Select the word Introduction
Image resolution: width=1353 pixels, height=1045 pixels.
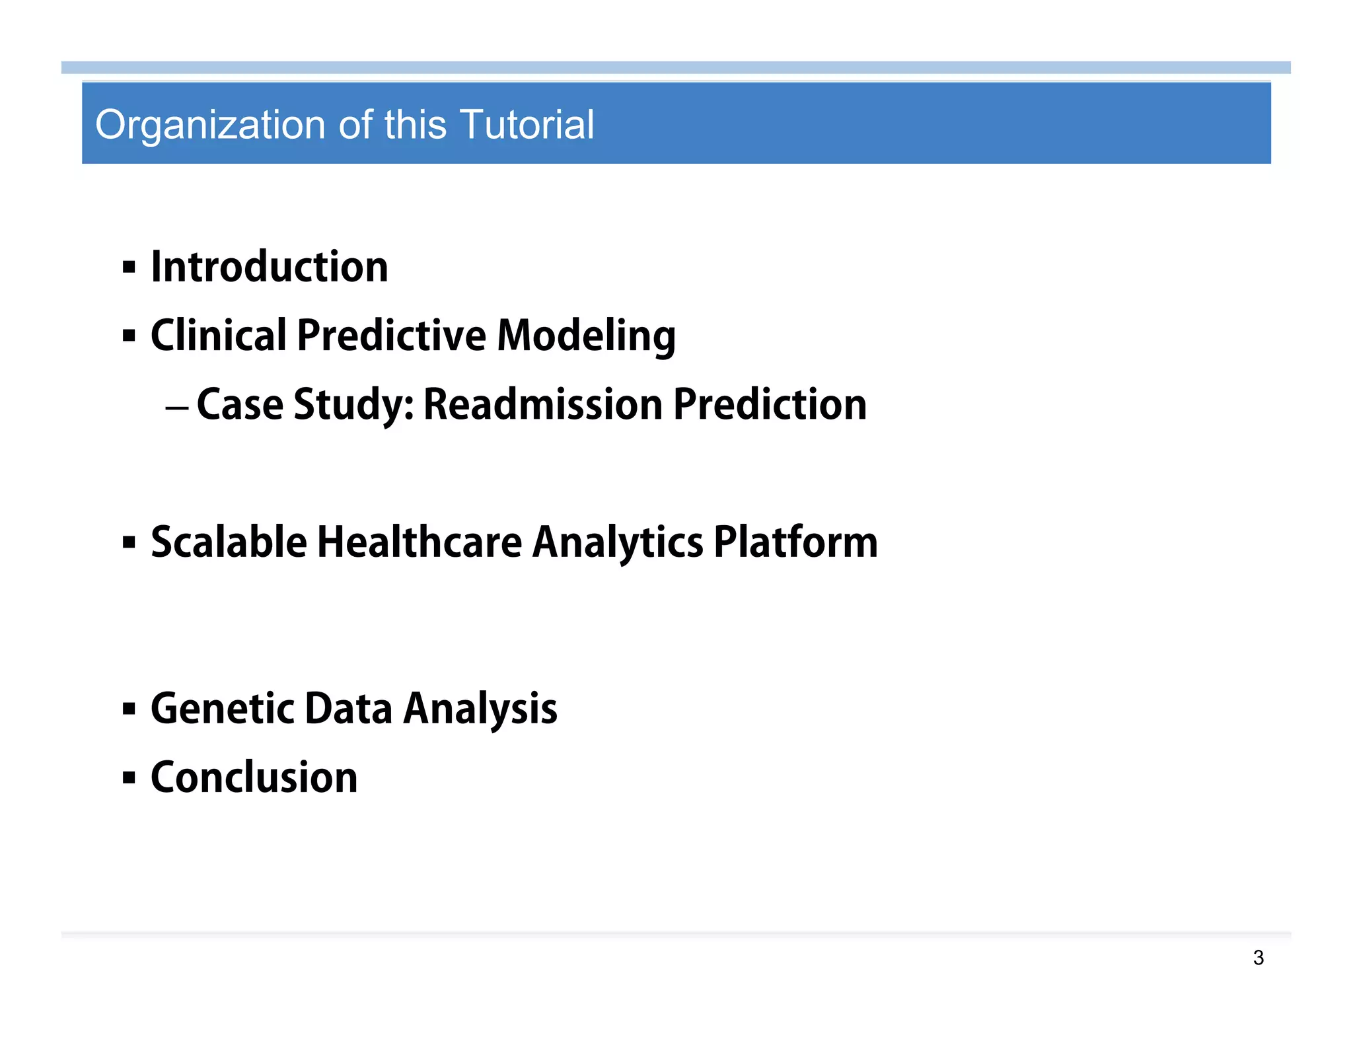click(x=270, y=267)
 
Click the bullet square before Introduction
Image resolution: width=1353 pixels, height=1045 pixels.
click(x=129, y=268)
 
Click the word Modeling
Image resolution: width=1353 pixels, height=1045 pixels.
click(x=586, y=336)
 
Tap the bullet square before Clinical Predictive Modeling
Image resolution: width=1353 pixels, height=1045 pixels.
click(x=129, y=336)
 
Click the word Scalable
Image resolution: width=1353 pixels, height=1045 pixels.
click(x=229, y=542)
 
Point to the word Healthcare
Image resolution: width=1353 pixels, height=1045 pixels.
click(x=420, y=542)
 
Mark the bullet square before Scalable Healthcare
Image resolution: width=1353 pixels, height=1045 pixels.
click(x=129, y=543)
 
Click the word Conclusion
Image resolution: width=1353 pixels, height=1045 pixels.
click(x=254, y=777)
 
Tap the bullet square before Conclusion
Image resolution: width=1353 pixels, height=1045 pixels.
click(x=129, y=778)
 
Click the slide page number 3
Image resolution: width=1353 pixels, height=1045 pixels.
click(x=1258, y=958)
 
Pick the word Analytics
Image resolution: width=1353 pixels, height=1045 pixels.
click(x=618, y=544)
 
